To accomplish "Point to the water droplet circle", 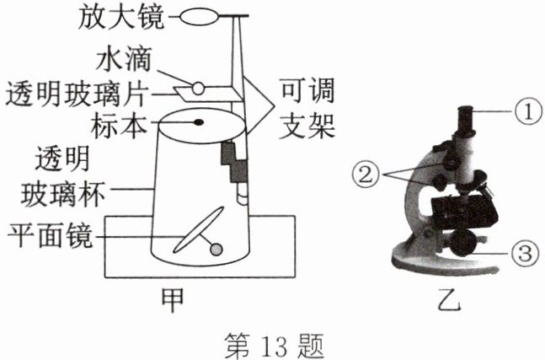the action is tap(196, 86).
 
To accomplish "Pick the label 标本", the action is tap(124, 123).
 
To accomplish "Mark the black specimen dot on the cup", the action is tap(200, 122).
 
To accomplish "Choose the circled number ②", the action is tap(366, 174).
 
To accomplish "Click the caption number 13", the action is tap(274, 343).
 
